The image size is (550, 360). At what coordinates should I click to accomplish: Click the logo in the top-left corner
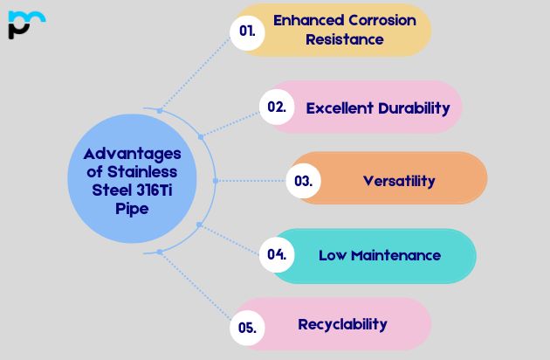click(26, 24)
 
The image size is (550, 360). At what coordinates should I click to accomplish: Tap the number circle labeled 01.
click(247, 31)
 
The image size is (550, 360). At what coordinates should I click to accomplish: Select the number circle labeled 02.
click(277, 107)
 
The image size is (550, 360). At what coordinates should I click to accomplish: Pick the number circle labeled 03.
click(304, 181)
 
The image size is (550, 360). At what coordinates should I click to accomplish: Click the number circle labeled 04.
click(277, 255)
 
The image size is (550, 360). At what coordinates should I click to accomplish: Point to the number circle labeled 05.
click(247, 328)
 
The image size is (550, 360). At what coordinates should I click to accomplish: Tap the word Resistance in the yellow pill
click(344, 39)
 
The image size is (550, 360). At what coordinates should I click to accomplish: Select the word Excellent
click(340, 108)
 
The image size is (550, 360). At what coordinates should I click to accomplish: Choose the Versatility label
click(399, 181)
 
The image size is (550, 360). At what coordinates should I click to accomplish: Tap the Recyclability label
click(342, 324)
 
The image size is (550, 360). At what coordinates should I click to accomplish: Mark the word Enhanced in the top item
click(305, 20)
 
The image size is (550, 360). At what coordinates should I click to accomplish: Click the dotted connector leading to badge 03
click(253, 181)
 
